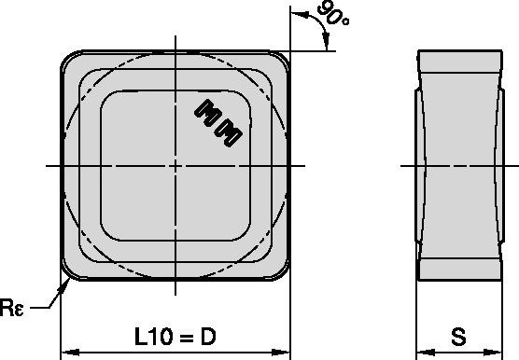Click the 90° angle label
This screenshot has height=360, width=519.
(332, 14)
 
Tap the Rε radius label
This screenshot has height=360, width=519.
(12, 308)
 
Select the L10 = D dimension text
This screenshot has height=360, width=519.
(175, 337)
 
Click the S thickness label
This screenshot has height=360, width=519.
(458, 337)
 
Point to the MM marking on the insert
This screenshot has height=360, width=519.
(218, 123)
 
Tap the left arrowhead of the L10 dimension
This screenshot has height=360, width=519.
(70, 353)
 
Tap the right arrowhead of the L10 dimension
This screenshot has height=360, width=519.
(281, 353)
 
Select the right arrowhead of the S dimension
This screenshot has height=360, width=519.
(493, 353)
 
